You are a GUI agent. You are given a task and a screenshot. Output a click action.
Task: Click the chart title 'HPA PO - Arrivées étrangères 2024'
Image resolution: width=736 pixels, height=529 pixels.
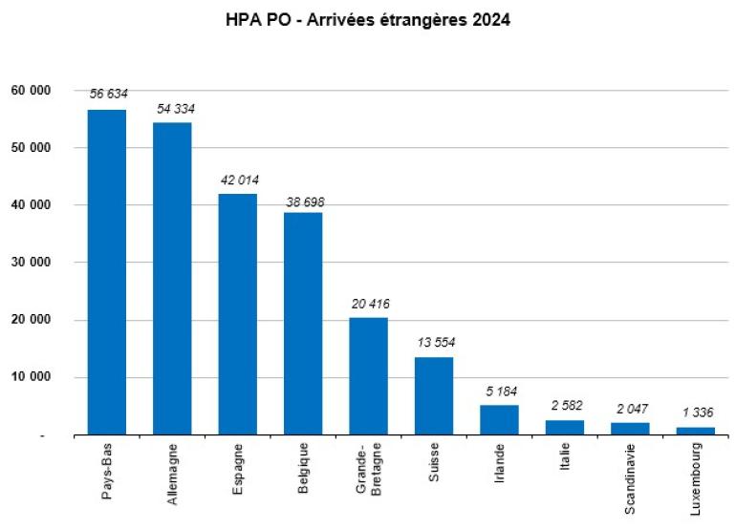tap(368, 20)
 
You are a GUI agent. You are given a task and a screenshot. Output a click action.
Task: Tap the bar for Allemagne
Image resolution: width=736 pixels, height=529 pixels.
tap(172, 278)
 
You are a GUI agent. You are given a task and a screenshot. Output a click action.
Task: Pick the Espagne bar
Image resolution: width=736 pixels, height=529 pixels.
tap(237, 314)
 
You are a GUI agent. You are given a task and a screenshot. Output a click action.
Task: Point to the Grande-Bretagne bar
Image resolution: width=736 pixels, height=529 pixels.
tap(368, 376)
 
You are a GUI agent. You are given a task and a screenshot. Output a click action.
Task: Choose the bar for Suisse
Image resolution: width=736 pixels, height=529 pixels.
tap(433, 395)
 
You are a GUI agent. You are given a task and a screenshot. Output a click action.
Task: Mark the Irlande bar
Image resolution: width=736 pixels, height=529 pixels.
tap(499, 420)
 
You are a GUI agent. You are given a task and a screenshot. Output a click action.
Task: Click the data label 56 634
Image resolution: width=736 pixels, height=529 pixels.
tap(108, 94)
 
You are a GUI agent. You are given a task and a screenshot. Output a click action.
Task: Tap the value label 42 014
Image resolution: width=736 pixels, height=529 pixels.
tap(238, 180)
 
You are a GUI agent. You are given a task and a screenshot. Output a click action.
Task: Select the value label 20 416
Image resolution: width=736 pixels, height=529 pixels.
tap(369, 304)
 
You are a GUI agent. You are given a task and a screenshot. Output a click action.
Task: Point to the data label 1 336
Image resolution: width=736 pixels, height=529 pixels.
tap(695, 413)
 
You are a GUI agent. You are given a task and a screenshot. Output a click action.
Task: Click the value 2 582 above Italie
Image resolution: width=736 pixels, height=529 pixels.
tap(565, 406)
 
